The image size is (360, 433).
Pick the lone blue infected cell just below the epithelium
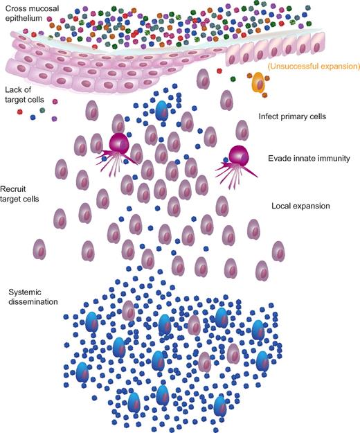pyautogui.click(x=161, y=111)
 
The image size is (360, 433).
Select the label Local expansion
pyautogui.click(x=302, y=206)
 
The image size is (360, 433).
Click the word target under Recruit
pyautogui.click(x=14, y=199)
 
